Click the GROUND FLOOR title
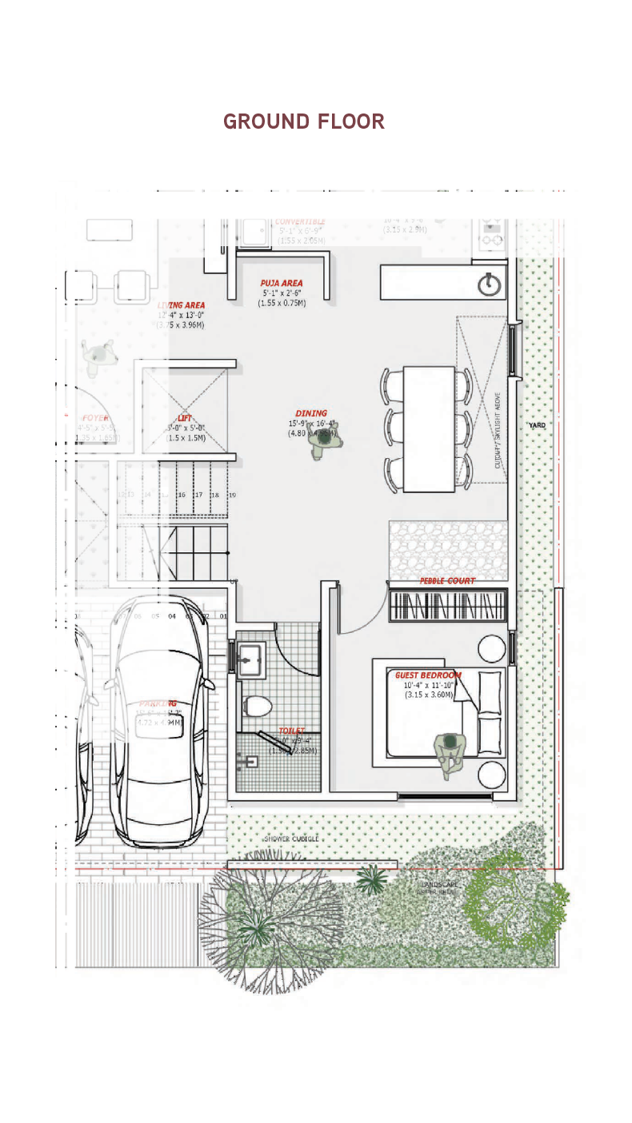click(304, 121)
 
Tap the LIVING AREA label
click(181, 305)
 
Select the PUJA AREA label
click(282, 283)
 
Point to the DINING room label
click(311, 413)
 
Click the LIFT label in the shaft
click(185, 418)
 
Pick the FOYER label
click(96, 418)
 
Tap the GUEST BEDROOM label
click(428, 675)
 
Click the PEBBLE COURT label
click(447, 581)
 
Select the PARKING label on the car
click(158, 703)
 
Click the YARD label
click(537, 425)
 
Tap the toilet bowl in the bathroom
click(258, 706)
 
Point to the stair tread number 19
click(232, 496)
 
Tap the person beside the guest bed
click(450, 751)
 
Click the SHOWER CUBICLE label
click(291, 839)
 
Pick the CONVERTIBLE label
click(300, 222)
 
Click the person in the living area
click(98, 354)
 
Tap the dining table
click(429, 428)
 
